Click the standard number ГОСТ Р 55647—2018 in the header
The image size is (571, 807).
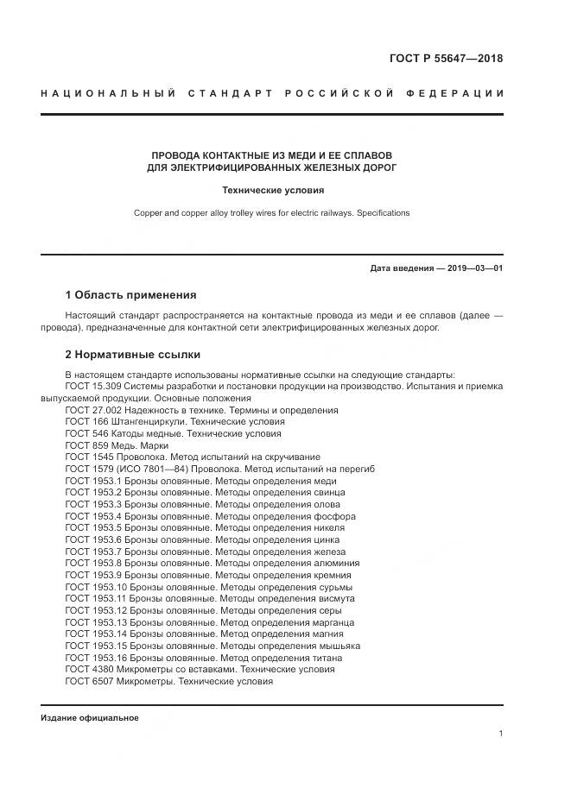click(x=447, y=59)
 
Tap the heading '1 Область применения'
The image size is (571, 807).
click(x=130, y=294)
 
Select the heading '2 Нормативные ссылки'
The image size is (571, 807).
click(x=132, y=354)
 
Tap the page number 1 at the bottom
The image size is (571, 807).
click(x=501, y=734)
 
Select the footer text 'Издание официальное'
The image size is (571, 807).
click(x=90, y=718)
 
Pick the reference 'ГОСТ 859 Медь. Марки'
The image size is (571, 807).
click(x=117, y=445)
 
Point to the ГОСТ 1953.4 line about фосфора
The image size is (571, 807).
click(x=210, y=516)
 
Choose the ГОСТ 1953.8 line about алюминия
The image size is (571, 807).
click(x=212, y=563)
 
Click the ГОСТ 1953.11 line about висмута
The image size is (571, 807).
click(x=209, y=598)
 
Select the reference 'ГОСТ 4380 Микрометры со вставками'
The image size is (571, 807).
click(x=200, y=669)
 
